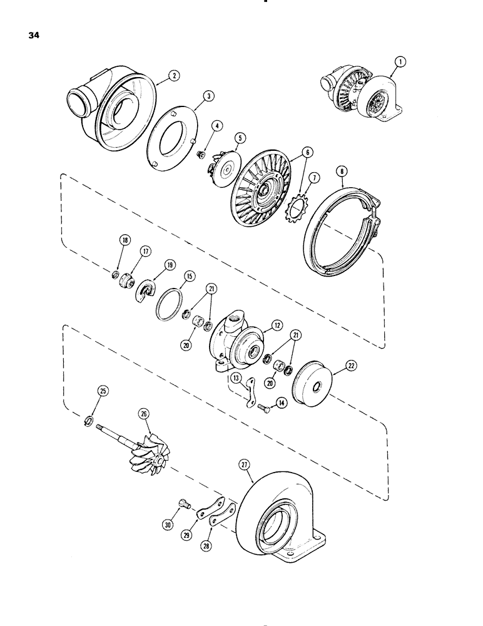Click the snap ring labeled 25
tap(89, 419)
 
